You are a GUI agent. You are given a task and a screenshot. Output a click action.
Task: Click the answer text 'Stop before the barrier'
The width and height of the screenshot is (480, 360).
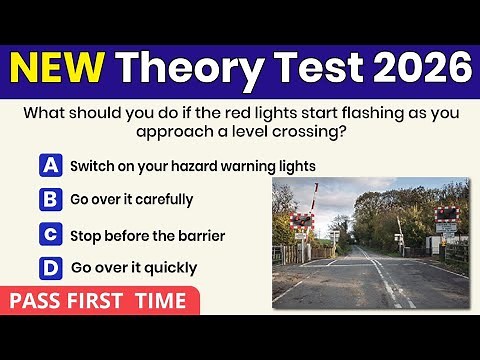[147, 236]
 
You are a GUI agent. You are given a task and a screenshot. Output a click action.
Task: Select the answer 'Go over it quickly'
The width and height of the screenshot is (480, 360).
[134, 268]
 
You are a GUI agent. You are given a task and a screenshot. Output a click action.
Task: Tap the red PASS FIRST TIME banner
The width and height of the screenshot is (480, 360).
[99, 301]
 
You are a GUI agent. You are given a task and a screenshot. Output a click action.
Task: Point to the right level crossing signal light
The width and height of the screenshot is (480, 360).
[446, 215]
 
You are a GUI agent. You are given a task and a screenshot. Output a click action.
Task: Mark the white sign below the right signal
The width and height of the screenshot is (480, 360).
[446, 229]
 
